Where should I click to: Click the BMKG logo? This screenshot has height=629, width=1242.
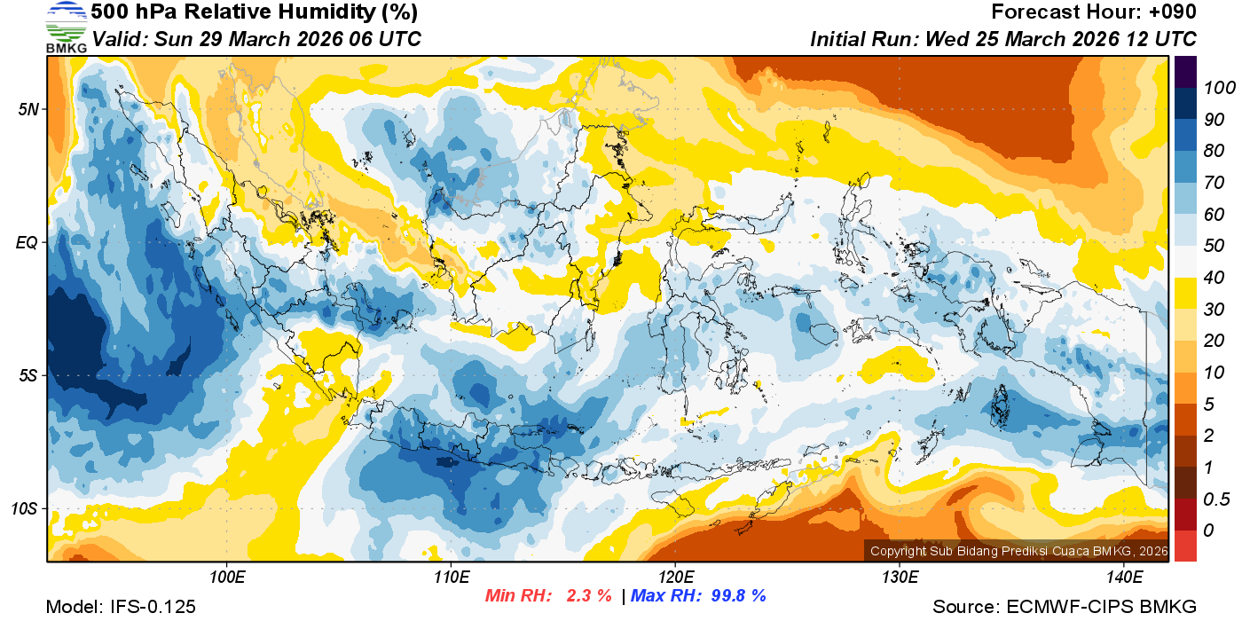(x=66, y=28)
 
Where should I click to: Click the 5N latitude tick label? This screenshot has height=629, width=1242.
(x=28, y=109)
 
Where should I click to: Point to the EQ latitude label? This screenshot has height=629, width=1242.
(x=28, y=242)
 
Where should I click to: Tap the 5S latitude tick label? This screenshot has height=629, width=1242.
(x=28, y=375)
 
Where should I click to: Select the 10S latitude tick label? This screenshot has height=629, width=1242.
(x=24, y=508)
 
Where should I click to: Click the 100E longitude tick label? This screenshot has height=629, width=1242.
(x=226, y=578)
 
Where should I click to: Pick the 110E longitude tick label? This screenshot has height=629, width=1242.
(x=451, y=578)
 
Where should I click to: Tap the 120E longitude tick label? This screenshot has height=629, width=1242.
(x=675, y=578)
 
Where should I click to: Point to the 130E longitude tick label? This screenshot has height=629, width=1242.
(x=900, y=578)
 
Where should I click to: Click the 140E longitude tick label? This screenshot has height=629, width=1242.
(x=1123, y=578)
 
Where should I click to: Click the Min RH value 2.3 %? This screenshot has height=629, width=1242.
(x=589, y=596)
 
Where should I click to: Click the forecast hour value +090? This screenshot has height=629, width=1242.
(x=1173, y=12)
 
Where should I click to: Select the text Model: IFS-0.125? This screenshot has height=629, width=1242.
(x=121, y=607)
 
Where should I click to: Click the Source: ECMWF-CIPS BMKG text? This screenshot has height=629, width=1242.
(x=1065, y=607)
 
